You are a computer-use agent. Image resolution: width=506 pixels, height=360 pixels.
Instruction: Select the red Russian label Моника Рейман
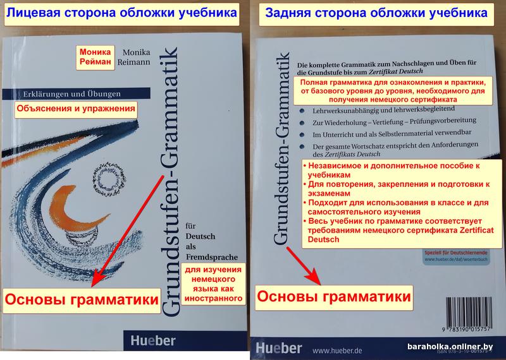(95, 57)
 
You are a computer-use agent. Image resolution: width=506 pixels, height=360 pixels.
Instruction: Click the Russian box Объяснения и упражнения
(76, 109)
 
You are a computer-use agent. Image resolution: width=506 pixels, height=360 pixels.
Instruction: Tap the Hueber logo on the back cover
(279, 349)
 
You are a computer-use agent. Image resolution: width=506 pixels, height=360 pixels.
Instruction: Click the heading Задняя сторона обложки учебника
(376, 12)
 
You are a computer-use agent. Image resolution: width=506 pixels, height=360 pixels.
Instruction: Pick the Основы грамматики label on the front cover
(81, 299)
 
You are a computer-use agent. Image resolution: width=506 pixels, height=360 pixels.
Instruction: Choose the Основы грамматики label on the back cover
(333, 295)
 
